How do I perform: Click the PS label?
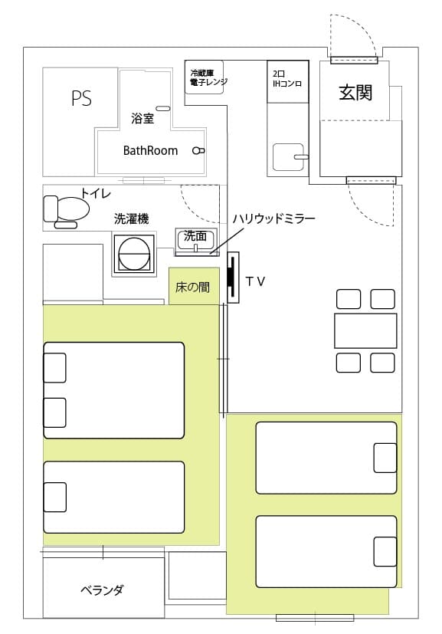[x=82, y=98]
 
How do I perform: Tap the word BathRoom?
[x=150, y=151]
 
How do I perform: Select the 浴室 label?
[x=142, y=119]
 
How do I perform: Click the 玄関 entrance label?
[x=355, y=93]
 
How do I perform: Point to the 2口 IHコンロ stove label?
[x=287, y=79]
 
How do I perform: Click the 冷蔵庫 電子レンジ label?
[x=208, y=77]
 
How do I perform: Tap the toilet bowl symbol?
[x=67, y=209]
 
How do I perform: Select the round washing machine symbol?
[x=134, y=255]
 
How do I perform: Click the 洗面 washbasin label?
[x=195, y=235]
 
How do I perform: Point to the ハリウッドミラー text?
[x=273, y=219]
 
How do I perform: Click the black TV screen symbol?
[x=231, y=277]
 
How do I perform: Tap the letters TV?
[x=256, y=281]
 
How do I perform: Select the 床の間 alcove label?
[x=193, y=287]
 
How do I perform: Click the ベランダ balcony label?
[x=102, y=590]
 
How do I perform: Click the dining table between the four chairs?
[x=365, y=330]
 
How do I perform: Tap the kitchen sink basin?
[x=288, y=157]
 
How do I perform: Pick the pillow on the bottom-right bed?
[x=385, y=551]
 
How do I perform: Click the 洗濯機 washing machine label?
[x=131, y=218]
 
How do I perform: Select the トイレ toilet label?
[x=95, y=193]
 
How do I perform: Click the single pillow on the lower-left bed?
[x=55, y=497]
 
